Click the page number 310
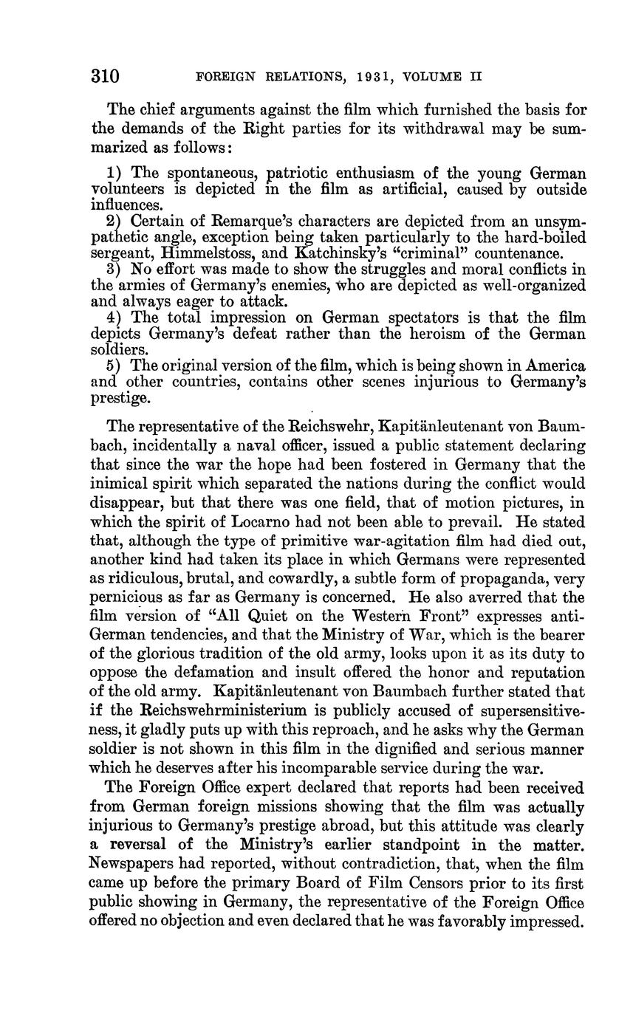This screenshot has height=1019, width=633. [105, 76]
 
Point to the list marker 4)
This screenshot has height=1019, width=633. [115, 318]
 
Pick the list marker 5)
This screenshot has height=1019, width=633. [115, 366]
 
